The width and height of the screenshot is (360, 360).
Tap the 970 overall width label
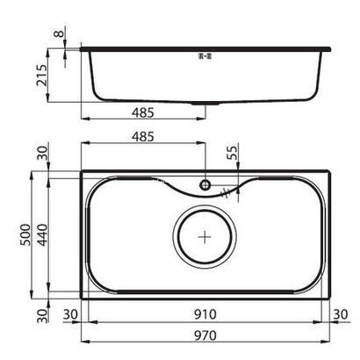(205, 335)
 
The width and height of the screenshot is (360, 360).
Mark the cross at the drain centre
(205, 236)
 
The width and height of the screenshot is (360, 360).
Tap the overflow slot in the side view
(206, 56)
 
